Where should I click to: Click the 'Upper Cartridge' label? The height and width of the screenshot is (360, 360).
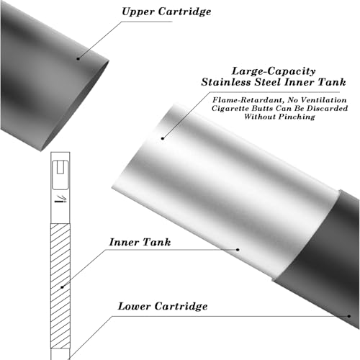(x=166, y=12)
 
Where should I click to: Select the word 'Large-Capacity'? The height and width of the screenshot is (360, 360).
(x=274, y=71)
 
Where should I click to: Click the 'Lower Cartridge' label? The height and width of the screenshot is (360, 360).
(x=163, y=306)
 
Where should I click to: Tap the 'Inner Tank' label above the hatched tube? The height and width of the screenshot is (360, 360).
(x=140, y=242)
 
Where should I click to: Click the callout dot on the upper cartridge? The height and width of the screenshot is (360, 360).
(x=78, y=58)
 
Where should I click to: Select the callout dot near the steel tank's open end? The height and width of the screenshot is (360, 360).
(x=163, y=138)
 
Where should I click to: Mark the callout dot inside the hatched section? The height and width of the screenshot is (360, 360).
(x=62, y=287)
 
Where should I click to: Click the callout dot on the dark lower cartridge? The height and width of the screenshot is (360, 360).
(x=349, y=316)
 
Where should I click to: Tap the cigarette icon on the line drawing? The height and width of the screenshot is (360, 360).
(x=60, y=199)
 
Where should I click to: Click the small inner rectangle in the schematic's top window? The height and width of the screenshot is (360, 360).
(x=60, y=168)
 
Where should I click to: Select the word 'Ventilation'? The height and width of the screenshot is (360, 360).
(x=323, y=100)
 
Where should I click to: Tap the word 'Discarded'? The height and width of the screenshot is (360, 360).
(x=328, y=108)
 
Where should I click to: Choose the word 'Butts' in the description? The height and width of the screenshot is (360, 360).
(x=262, y=108)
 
